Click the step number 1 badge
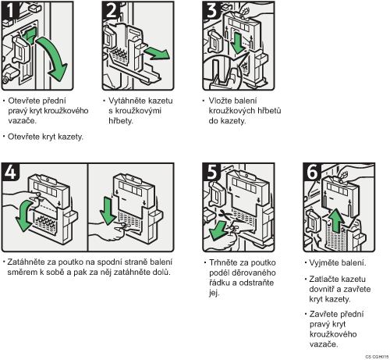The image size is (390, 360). click(x=10, y=10)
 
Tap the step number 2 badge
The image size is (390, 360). click(x=111, y=10)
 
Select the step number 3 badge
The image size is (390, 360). click(x=211, y=10)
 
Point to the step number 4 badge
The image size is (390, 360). click(x=10, y=172)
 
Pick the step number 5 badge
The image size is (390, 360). click(x=211, y=172)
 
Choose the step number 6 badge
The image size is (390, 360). click(x=312, y=172)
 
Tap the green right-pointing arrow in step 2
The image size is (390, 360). click(x=157, y=53)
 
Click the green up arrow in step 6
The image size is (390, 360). click(x=336, y=220)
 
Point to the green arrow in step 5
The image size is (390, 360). click(x=218, y=230)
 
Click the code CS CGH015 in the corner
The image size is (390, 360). click(x=377, y=357)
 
